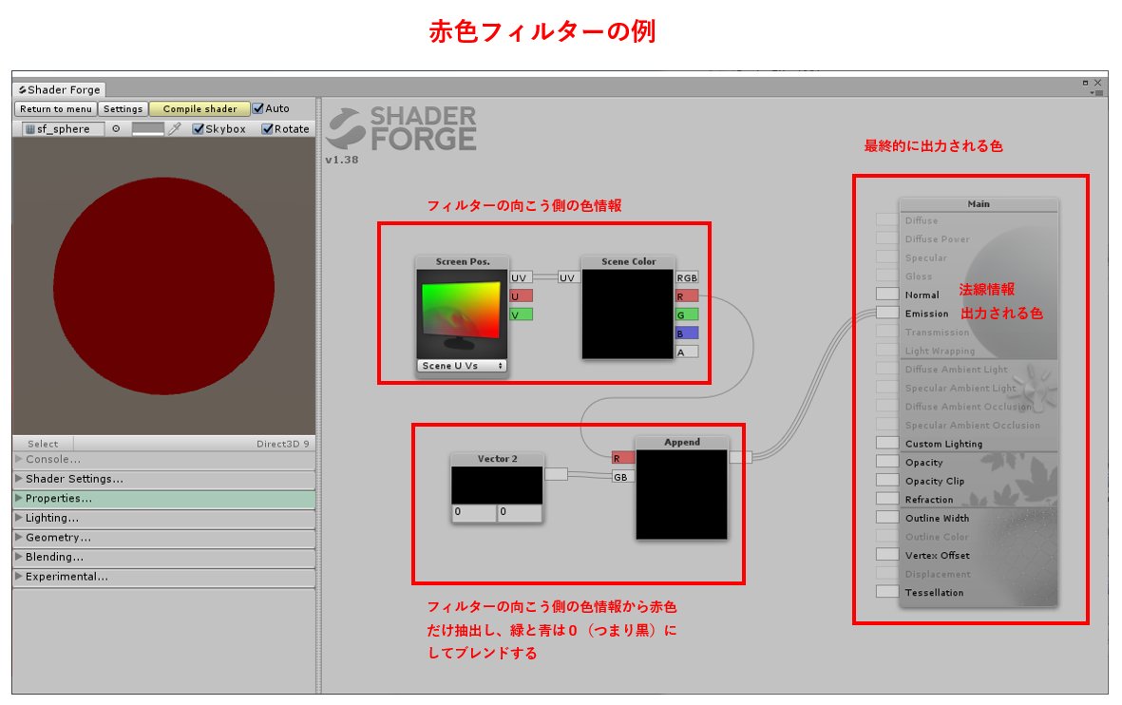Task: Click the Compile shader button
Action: point(200,109)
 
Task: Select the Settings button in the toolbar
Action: point(123,109)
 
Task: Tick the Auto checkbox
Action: point(258,108)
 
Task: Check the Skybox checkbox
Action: point(199,129)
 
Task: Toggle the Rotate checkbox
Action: point(268,129)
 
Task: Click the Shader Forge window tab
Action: point(59,90)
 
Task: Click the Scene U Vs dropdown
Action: point(463,366)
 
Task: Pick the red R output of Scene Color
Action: point(687,296)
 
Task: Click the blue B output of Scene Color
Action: point(687,333)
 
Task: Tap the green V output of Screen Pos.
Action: point(521,314)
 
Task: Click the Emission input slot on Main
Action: point(887,313)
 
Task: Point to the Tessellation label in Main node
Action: point(934,593)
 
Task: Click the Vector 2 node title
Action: point(497,459)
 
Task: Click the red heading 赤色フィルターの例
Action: point(542,31)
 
